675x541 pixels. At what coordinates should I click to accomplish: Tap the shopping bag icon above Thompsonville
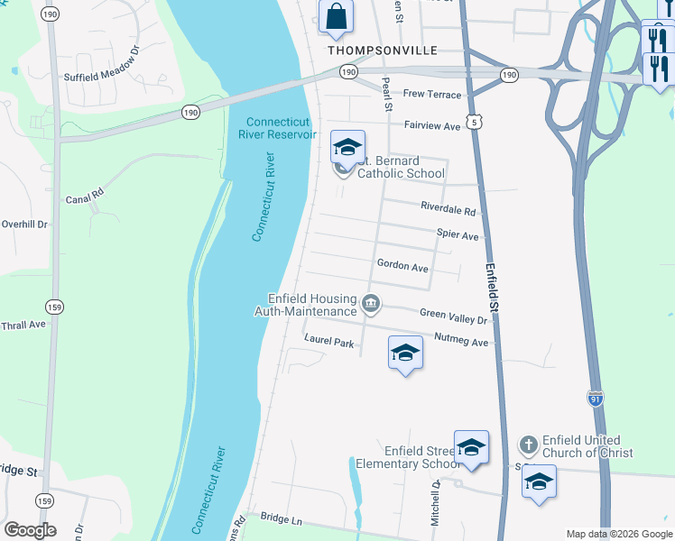[336, 16]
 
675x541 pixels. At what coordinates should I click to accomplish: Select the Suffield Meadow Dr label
[103, 78]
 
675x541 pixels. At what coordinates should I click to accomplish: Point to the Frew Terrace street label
[431, 95]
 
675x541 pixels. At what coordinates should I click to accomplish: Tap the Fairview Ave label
[432, 126]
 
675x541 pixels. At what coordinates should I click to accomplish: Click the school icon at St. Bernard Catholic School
[347, 147]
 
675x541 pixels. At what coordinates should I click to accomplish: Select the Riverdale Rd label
[448, 208]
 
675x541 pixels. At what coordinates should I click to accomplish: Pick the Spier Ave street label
[458, 234]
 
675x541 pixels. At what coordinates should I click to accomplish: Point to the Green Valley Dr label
[454, 315]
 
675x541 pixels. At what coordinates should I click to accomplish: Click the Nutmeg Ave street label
[461, 343]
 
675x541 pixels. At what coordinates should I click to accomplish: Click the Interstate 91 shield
[596, 397]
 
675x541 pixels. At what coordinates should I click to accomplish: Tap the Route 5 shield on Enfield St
[476, 120]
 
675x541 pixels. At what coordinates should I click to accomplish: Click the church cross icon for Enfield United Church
[528, 445]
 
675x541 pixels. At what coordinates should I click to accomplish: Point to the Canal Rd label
[85, 193]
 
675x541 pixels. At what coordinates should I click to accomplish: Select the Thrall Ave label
[23, 325]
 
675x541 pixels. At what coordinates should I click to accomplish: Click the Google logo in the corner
[31, 529]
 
